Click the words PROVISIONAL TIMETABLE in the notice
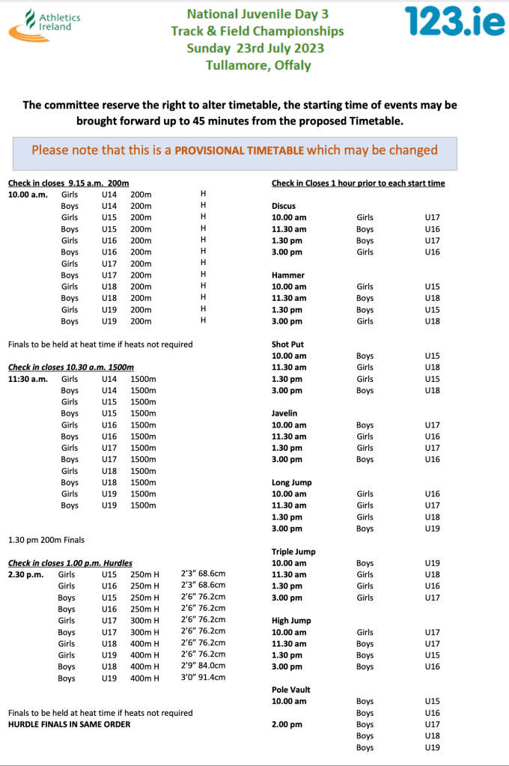click(239, 150)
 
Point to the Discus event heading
click(283, 206)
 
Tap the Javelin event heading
click(285, 413)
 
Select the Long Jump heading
click(291, 482)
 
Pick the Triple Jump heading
click(293, 552)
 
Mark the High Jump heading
click(291, 621)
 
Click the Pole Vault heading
click(290, 690)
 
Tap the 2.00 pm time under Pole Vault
click(287, 724)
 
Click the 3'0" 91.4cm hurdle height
click(203, 678)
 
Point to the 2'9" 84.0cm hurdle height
click(203, 666)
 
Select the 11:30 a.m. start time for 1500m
click(28, 379)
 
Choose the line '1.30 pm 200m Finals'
click(46, 539)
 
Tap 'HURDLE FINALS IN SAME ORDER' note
click(69, 724)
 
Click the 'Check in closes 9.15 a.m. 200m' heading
click(69, 183)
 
